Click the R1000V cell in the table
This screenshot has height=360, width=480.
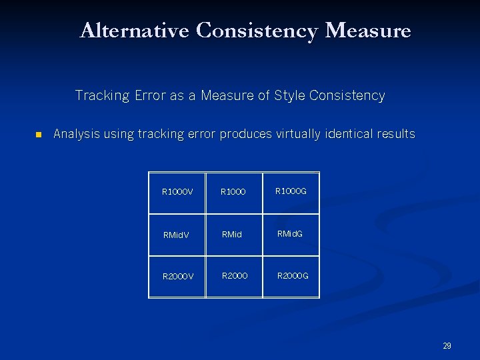(177, 192)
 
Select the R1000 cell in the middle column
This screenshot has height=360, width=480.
(234, 192)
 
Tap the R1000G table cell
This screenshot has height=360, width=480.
(292, 192)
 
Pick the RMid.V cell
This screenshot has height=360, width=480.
(176, 235)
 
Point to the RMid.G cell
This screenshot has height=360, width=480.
(291, 234)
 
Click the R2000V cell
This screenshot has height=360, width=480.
(177, 276)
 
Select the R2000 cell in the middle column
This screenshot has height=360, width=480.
(235, 275)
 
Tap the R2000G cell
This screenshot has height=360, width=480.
(293, 275)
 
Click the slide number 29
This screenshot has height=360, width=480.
(447, 345)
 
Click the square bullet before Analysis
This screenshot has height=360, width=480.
(38, 135)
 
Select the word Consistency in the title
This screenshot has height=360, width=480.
(257, 31)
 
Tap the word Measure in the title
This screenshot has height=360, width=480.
(368, 31)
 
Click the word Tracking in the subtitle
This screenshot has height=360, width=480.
(102, 95)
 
